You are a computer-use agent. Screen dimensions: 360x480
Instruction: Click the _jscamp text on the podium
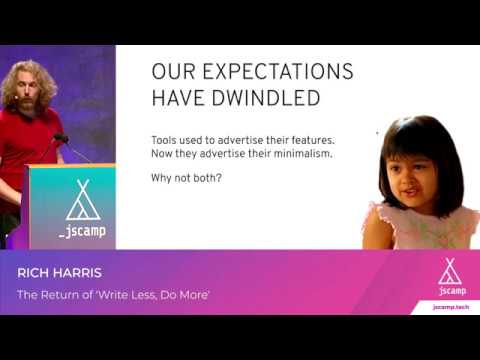pyautogui.click(x=83, y=231)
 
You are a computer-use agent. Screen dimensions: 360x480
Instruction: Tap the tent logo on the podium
pyautogui.click(x=83, y=202)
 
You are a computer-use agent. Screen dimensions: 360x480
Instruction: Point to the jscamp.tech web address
pyautogui.click(x=450, y=306)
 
